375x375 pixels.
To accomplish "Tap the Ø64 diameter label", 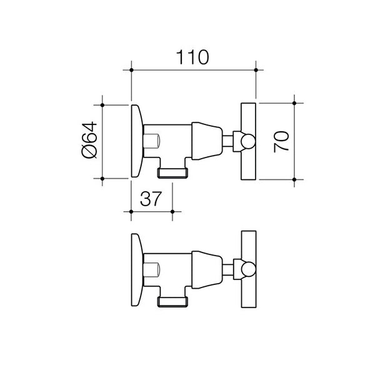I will click(89, 140).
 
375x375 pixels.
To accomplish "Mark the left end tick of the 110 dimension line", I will click(131, 69).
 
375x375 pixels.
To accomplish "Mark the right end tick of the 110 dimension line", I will click(256, 69).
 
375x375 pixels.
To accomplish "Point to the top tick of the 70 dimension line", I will click(296, 102).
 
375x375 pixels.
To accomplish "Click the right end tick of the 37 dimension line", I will click(172, 211).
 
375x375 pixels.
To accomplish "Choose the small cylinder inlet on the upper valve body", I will click(152, 141).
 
